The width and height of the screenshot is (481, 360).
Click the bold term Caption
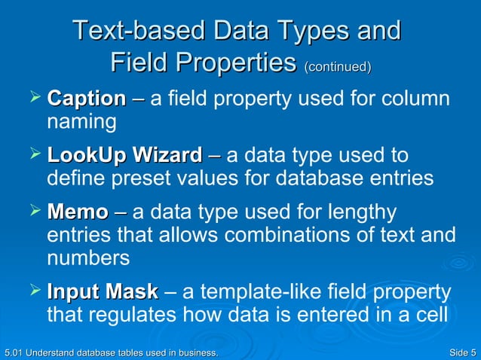(x=86, y=99)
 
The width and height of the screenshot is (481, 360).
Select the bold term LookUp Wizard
(x=124, y=157)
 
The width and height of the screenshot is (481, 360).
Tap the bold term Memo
(x=77, y=213)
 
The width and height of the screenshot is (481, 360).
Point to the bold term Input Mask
(x=103, y=291)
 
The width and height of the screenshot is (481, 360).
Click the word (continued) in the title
(x=337, y=68)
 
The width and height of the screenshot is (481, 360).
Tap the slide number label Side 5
(x=461, y=352)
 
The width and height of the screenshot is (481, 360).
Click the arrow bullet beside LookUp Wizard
(x=32, y=155)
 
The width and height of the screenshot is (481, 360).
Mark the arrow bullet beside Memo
(x=32, y=212)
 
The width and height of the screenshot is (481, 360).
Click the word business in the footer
(x=195, y=352)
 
